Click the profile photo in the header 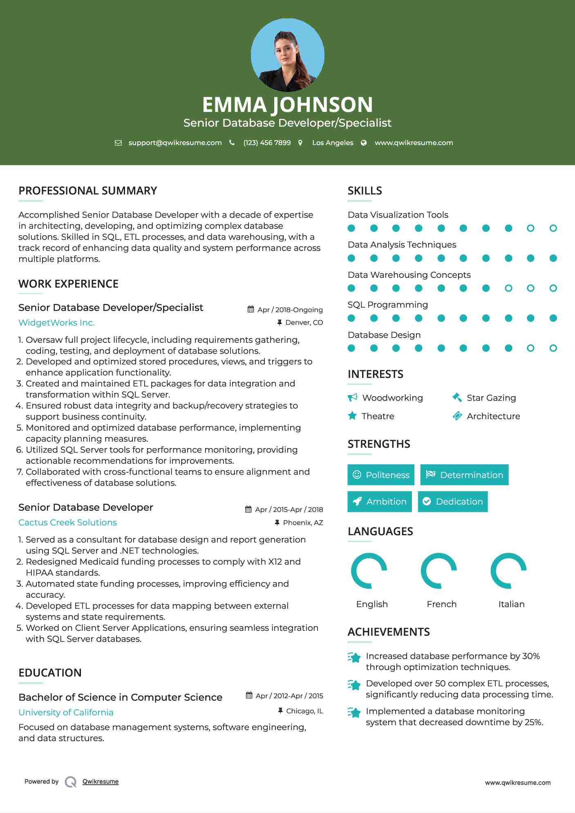click(x=287, y=55)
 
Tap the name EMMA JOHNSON click(x=287, y=105)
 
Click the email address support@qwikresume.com click(x=175, y=143)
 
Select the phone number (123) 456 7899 click(x=267, y=143)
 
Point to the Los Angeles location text click(x=333, y=143)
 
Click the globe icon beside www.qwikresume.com click(x=364, y=143)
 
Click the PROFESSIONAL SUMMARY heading click(x=87, y=191)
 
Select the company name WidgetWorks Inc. click(x=56, y=323)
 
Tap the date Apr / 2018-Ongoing click(x=290, y=310)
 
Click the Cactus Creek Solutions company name click(x=67, y=523)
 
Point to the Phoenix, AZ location click(x=303, y=523)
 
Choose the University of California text click(x=66, y=712)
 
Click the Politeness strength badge click(x=381, y=475)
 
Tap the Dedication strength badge click(x=453, y=502)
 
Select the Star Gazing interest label click(x=491, y=398)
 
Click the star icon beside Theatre click(x=352, y=416)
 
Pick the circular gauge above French click(x=439, y=571)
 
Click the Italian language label click(x=511, y=604)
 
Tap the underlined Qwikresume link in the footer click(x=101, y=782)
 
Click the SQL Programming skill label click(x=387, y=305)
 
